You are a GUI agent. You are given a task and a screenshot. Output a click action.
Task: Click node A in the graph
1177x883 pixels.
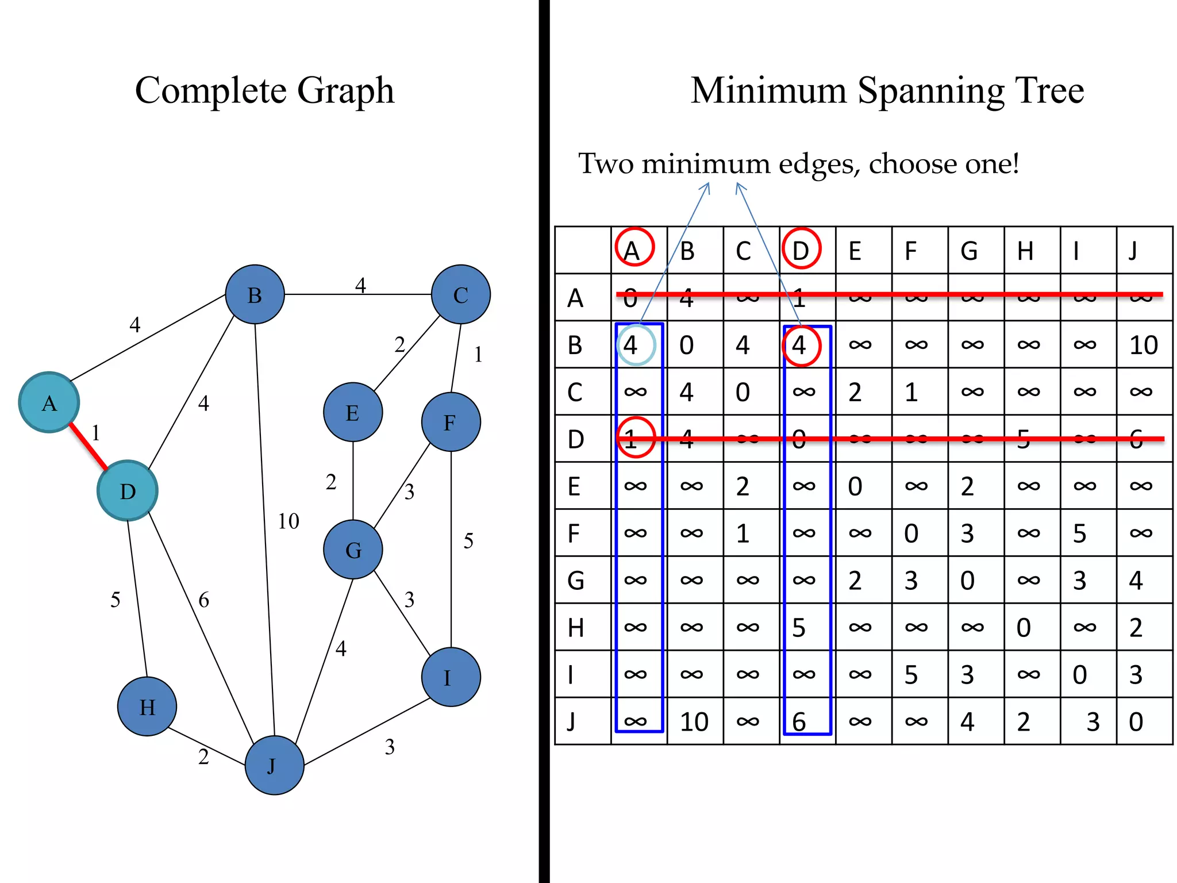(x=49, y=402)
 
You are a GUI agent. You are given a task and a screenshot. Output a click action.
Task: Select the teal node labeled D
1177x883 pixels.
(x=127, y=491)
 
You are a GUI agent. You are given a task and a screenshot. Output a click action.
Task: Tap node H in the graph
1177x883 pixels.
(x=147, y=707)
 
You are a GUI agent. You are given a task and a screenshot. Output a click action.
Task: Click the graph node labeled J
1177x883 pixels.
(x=274, y=765)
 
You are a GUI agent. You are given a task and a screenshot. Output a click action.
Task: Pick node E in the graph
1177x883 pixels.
(x=353, y=412)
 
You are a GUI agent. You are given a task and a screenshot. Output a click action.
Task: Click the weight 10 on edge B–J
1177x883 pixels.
(x=289, y=521)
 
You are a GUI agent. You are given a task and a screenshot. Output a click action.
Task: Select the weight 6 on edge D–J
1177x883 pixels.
(x=204, y=600)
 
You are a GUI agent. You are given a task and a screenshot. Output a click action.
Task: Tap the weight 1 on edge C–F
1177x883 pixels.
(x=478, y=355)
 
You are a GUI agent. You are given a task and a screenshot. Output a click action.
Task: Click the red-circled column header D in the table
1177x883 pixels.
(x=801, y=250)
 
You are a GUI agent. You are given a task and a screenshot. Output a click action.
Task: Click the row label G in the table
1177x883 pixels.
(x=576, y=581)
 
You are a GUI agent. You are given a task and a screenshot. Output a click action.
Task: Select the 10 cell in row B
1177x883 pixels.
(x=1144, y=345)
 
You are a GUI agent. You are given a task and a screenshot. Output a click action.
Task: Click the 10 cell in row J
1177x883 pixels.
(x=694, y=722)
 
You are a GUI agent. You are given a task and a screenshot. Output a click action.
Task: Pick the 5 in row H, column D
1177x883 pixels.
(x=799, y=628)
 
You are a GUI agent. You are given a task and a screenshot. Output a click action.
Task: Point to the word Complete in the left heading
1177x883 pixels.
(x=210, y=91)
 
